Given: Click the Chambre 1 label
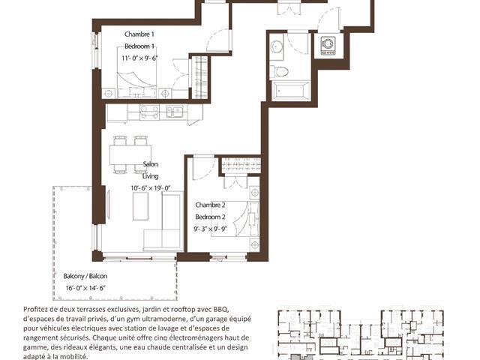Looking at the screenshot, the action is [139, 34].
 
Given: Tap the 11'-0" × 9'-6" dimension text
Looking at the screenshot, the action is [139, 58].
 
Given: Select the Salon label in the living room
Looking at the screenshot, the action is [150, 164].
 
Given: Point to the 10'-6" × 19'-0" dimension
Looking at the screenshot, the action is [150, 188].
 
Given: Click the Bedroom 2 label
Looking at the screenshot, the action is [210, 217].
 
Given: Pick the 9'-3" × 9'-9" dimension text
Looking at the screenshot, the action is [210, 229].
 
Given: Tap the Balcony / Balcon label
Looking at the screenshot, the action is [85, 276].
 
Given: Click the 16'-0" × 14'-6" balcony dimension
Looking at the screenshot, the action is [85, 288].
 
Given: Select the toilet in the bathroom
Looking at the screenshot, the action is [279, 72].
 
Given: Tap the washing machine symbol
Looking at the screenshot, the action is [328, 46].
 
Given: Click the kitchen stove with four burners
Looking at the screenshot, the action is [149, 112].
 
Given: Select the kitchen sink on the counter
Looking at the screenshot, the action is [175, 111].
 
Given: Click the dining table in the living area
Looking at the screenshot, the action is [130, 154].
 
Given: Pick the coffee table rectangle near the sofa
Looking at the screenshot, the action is [140, 206].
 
